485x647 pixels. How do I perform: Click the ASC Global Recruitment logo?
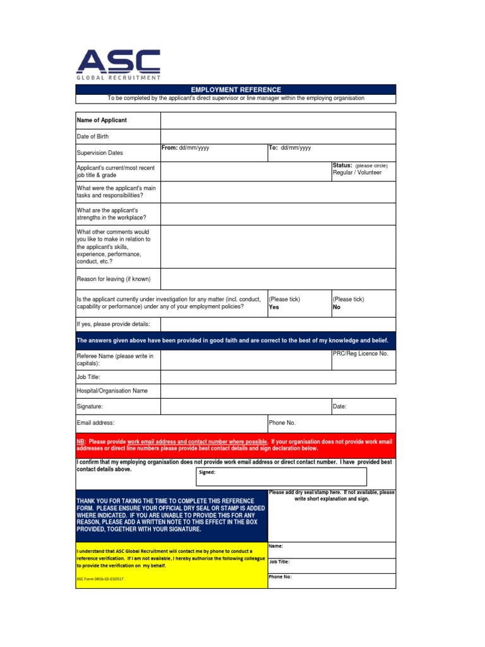[x=118, y=64]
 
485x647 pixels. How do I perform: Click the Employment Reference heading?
[x=236, y=90]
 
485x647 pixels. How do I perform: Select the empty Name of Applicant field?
[x=278, y=120]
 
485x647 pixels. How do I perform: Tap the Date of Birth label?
[x=93, y=136]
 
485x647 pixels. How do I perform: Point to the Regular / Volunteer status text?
[x=357, y=172]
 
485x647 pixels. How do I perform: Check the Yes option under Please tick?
[x=274, y=307]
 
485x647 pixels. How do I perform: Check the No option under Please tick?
[x=337, y=307]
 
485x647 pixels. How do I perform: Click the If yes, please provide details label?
[x=113, y=324]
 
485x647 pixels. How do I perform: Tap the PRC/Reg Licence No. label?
[x=360, y=354]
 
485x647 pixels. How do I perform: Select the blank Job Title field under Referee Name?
[x=278, y=377]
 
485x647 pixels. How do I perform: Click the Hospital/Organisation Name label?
[x=112, y=390]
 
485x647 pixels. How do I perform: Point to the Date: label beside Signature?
[x=340, y=407]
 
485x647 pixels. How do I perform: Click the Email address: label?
[x=95, y=423]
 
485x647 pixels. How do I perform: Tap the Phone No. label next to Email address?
[x=282, y=423]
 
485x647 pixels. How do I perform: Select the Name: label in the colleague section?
[x=276, y=546]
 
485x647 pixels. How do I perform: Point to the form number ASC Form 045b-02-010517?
[x=100, y=579]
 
